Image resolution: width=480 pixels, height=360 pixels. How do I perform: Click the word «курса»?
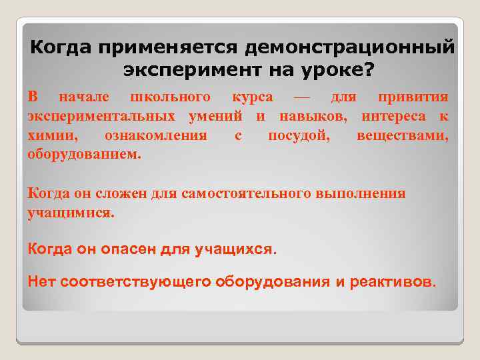pyautogui.click(x=252, y=97)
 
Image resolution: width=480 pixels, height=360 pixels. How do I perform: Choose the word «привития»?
pyautogui.click(x=413, y=97)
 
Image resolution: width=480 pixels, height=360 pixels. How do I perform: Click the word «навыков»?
pyautogui.click(x=316, y=117)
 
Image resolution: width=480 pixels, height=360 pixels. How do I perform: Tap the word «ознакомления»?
pyautogui.click(x=155, y=136)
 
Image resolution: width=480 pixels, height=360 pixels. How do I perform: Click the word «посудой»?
pyautogui.click(x=297, y=136)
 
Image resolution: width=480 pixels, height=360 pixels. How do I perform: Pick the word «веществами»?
pyautogui.click(x=402, y=136)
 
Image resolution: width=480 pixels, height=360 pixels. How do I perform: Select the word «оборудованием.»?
pyautogui.click(x=85, y=155)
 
